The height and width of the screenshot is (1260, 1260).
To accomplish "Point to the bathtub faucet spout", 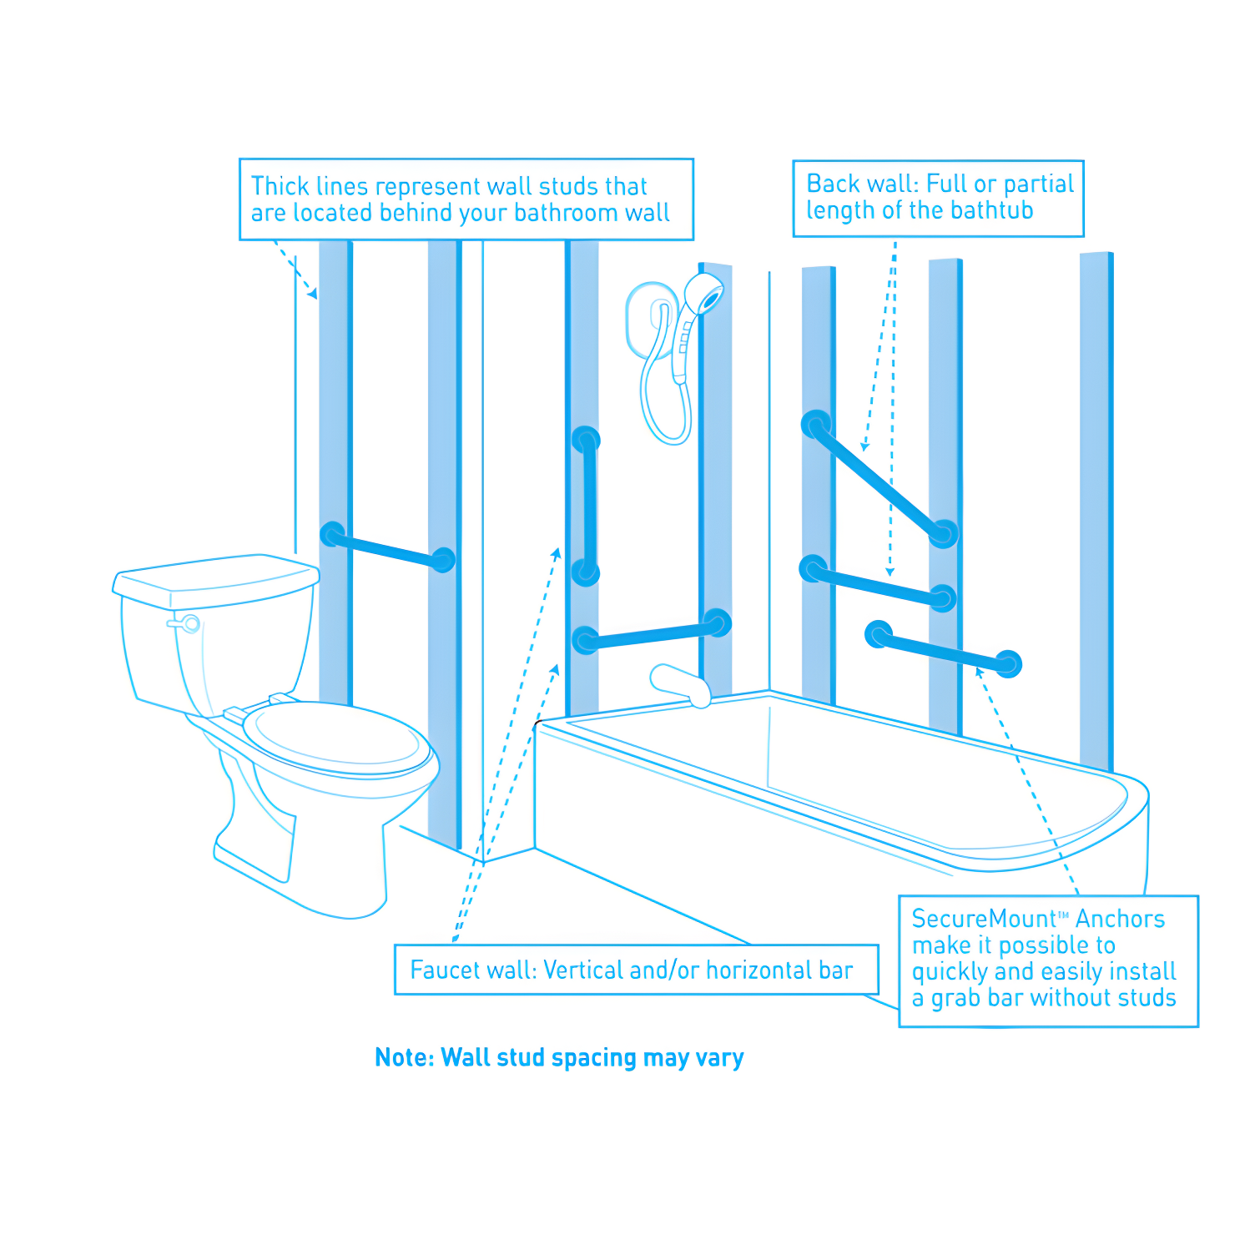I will [x=680, y=685].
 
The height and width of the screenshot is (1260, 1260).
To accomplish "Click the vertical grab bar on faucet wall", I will [x=587, y=506].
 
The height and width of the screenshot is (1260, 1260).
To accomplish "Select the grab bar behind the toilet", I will [x=387, y=547].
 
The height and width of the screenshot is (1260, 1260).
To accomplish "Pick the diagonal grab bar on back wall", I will [x=879, y=479].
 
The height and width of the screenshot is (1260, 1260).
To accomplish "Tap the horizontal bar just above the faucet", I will [x=651, y=633].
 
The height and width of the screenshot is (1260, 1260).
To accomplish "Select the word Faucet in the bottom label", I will [x=443, y=970].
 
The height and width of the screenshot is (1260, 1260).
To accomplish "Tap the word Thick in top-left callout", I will [x=280, y=186].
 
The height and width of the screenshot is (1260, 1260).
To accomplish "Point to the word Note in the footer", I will [x=404, y=1057].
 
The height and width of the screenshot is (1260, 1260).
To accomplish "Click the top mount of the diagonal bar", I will [x=815, y=424].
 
